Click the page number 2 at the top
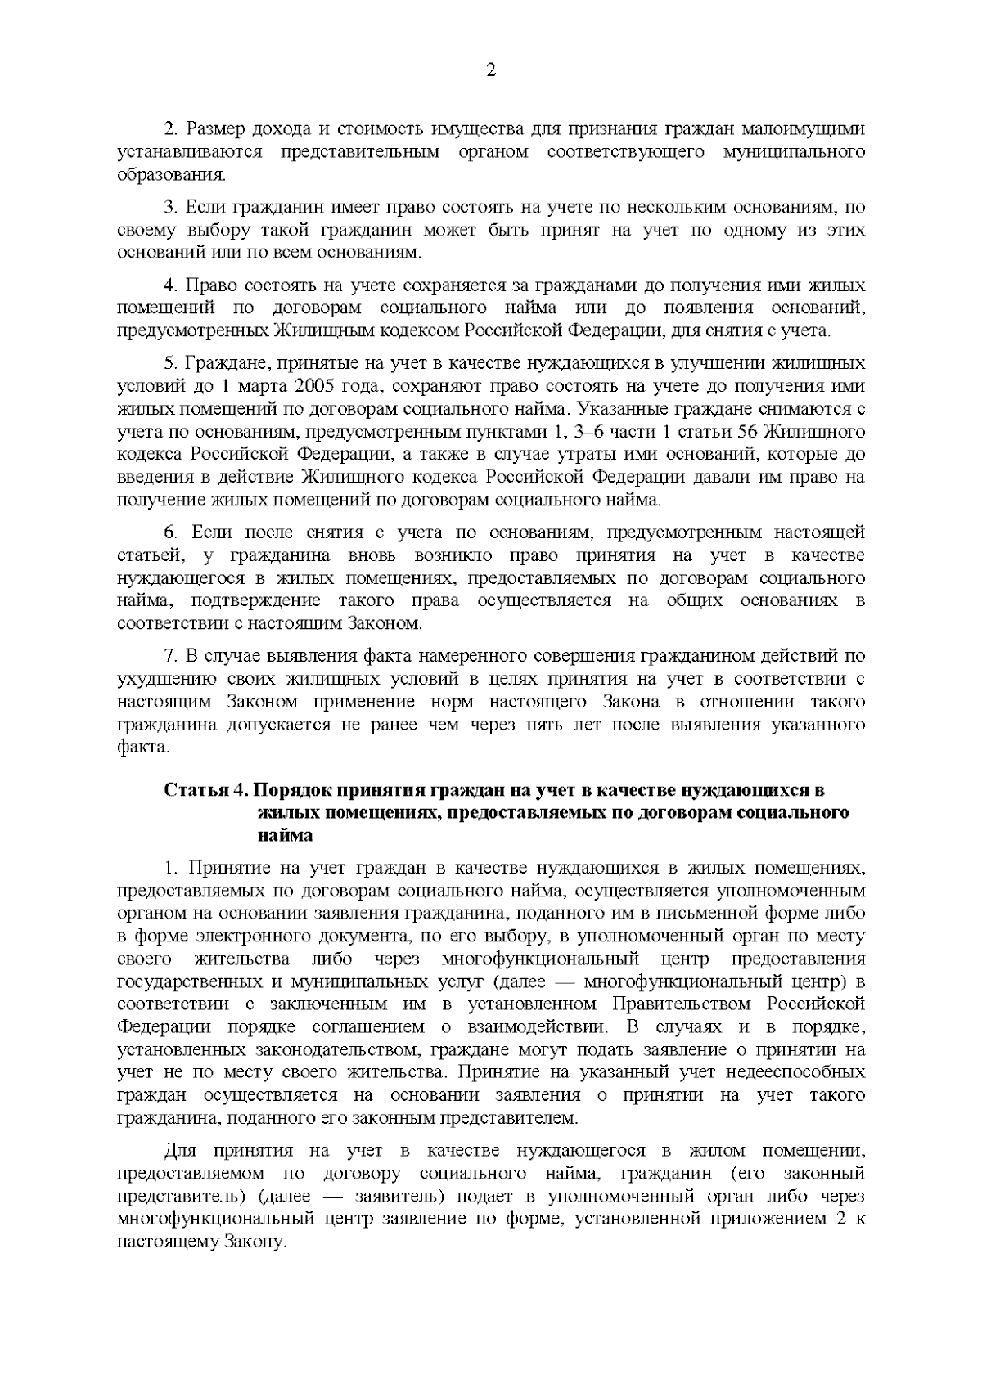coord(491,70)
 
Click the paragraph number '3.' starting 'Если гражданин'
coord(171,208)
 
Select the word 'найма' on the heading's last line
coord(285,836)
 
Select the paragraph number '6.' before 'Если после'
coord(171,533)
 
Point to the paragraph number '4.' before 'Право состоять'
coord(171,286)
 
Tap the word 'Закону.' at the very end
coord(258,1242)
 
